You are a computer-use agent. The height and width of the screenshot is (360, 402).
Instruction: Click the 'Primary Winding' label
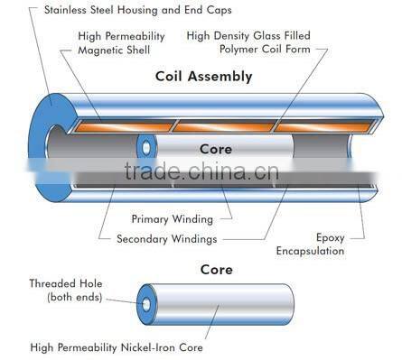point(173,218)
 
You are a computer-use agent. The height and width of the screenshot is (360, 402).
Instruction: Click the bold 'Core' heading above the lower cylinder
point(216,270)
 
